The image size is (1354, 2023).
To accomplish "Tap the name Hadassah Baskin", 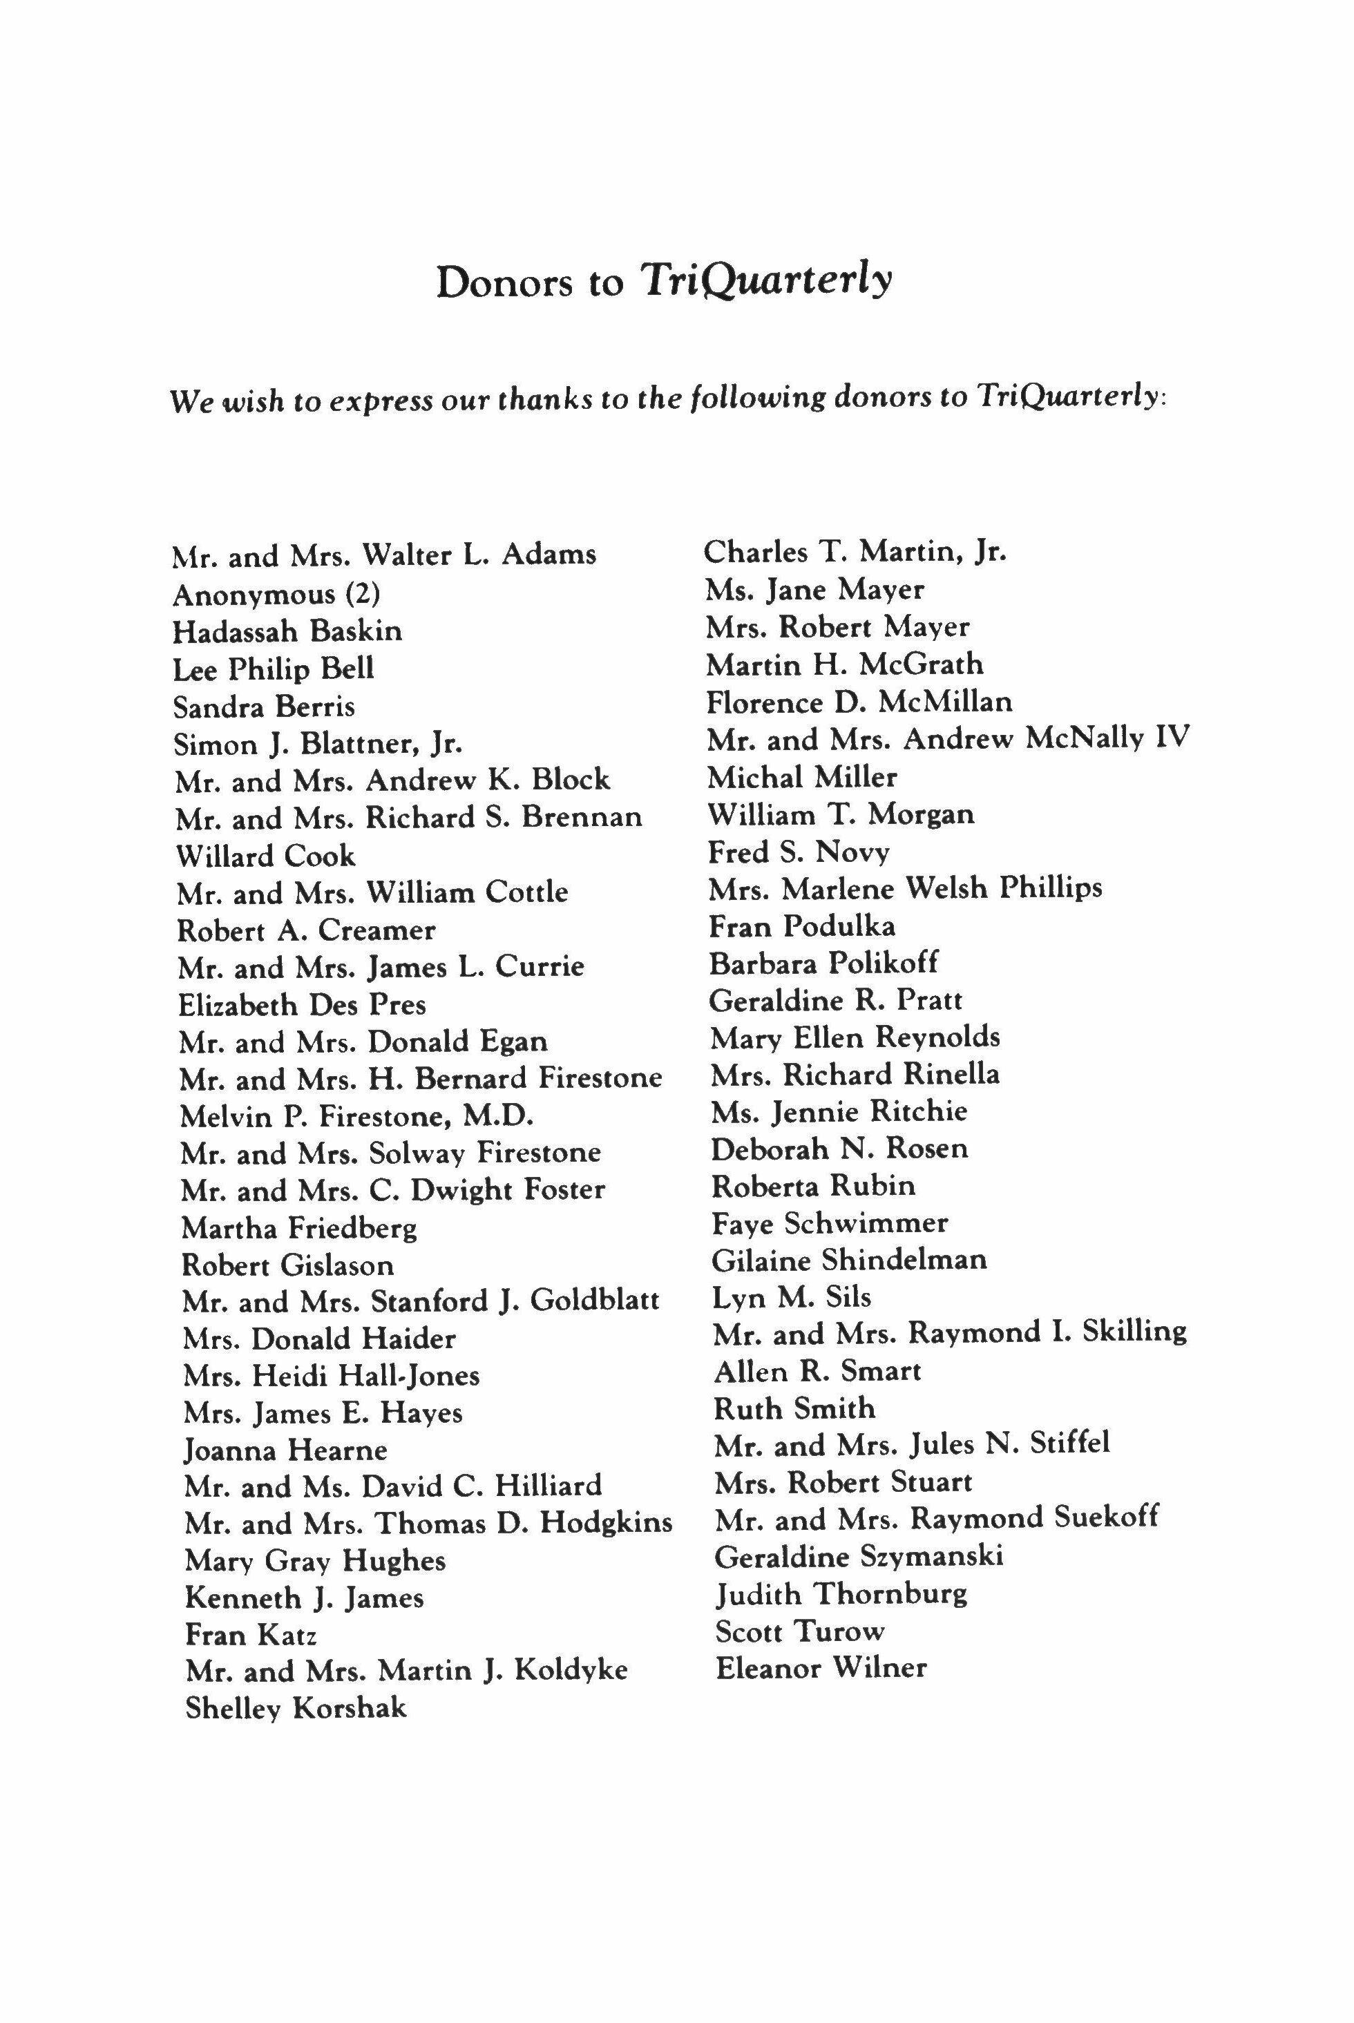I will pyautogui.click(x=287, y=631).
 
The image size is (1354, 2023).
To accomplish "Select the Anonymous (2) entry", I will pyautogui.click(x=276, y=594).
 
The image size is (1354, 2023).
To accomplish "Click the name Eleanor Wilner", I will pyautogui.click(x=821, y=1667).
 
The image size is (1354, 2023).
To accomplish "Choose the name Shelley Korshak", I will pyautogui.click(x=296, y=1708).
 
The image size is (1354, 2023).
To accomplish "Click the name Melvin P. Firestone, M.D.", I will pyautogui.click(x=356, y=1116).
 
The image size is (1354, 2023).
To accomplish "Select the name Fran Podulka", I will pyautogui.click(x=801, y=926).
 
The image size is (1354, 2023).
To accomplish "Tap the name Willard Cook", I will pyautogui.click(x=265, y=856).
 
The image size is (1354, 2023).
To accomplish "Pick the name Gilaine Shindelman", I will pyautogui.click(x=849, y=1260).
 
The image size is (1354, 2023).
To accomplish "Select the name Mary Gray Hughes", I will pyautogui.click(x=314, y=1560).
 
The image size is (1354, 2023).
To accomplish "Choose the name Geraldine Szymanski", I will pyautogui.click(x=858, y=1557).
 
